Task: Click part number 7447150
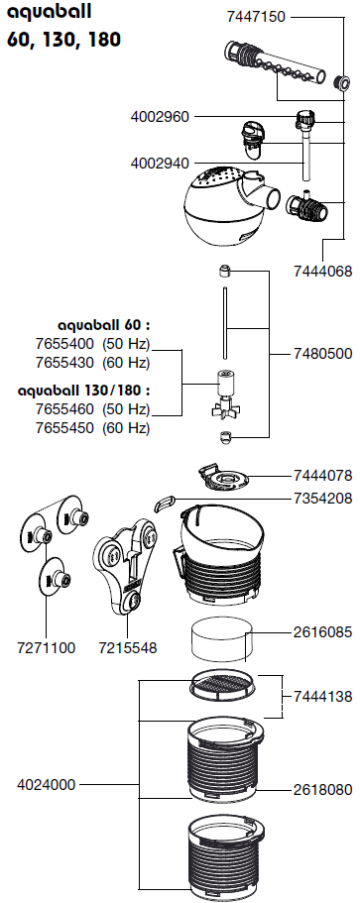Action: pos(256,17)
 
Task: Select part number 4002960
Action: pos(160,117)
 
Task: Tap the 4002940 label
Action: pos(160,164)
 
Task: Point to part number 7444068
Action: pos(322,271)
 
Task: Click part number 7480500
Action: pos(322,353)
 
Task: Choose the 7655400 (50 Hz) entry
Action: pos(92,344)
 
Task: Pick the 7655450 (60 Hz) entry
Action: pos(92,428)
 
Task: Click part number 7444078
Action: pos(322,476)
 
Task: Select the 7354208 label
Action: pos(322,498)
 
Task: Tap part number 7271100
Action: pos(46,648)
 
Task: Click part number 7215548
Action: pos(128,648)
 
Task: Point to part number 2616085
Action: pos(322,632)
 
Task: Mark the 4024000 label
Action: pos(46,784)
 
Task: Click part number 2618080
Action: pos(322,790)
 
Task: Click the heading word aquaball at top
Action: pos(49,13)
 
